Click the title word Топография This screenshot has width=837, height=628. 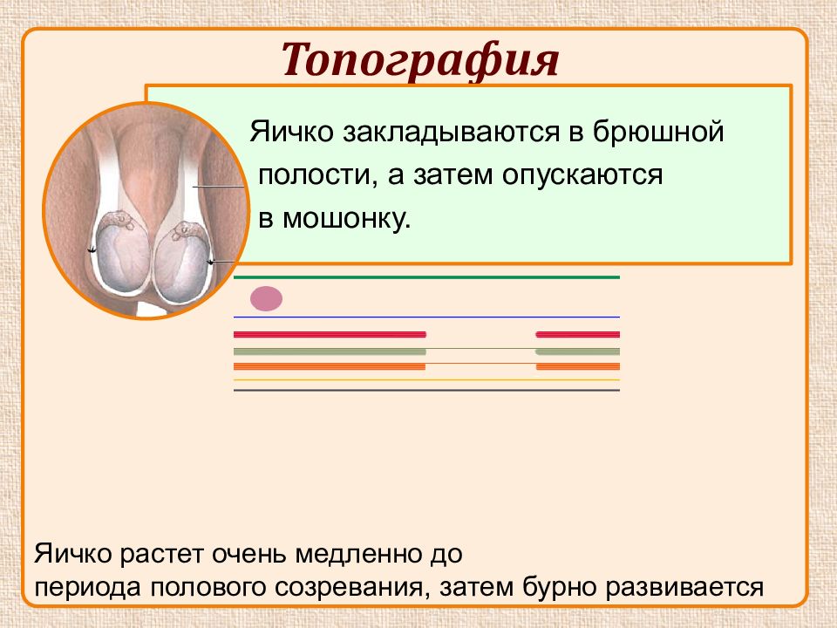pos(420,60)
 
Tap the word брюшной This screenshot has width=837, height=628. pos(657,132)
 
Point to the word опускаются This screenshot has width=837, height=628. pos(582,175)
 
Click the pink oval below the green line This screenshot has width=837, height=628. pos(267,298)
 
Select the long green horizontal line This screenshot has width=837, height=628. pos(426,277)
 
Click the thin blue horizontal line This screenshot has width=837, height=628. pos(426,317)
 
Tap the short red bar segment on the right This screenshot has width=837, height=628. pos(577,335)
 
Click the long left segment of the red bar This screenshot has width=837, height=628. pos(330,335)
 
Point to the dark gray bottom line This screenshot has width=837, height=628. pos(426,391)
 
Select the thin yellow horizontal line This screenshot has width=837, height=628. pos(426,379)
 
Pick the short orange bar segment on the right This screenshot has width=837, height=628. pos(578,367)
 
